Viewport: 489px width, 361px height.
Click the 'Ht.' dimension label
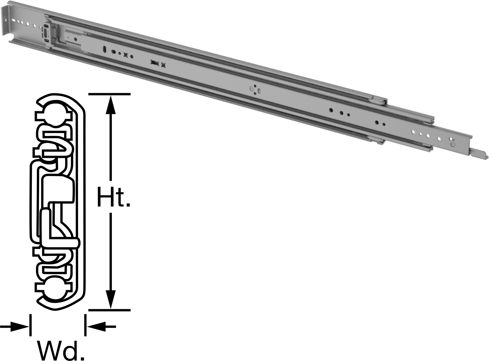click(x=113, y=197)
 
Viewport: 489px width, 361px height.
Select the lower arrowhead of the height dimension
click(x=111, y=299)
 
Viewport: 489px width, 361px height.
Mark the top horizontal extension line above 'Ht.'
click(x=109, y=94)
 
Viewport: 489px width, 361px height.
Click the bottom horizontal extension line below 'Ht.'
click(x=109, y=310)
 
